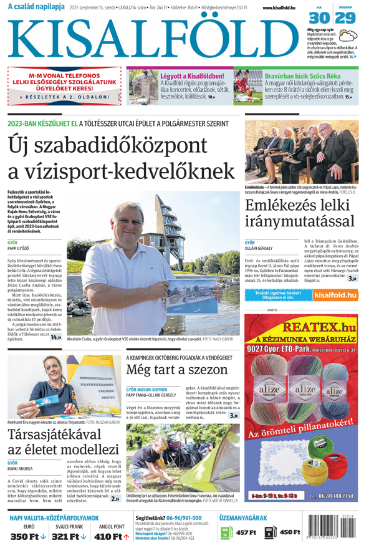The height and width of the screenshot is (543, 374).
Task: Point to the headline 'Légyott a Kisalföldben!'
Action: [196, 75]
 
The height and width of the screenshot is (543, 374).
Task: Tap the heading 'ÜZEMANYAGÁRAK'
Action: [242, 517]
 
